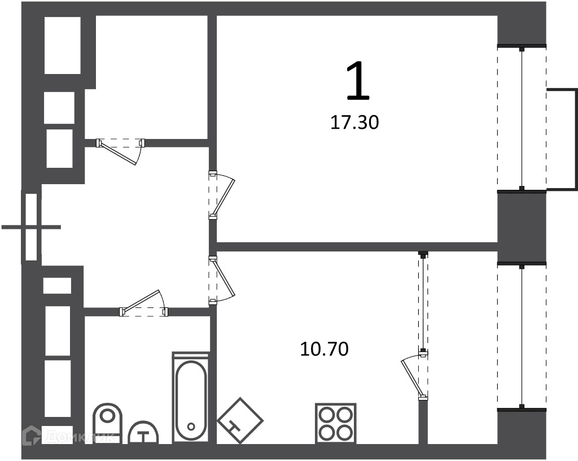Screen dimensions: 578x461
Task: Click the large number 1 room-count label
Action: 357,81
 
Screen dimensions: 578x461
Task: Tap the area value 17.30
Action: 354,123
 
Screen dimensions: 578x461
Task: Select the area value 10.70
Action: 325,349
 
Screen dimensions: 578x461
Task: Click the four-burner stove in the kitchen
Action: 336,423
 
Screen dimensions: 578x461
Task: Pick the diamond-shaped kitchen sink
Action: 240,420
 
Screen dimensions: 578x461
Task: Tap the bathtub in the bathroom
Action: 191,398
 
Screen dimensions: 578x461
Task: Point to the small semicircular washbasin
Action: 143,433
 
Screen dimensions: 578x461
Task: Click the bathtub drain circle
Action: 191,427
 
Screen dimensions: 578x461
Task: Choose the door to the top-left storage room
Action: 121,151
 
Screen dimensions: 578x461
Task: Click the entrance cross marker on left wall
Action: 32,227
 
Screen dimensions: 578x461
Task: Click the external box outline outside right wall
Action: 562,139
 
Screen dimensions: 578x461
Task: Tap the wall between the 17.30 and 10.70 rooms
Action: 357,247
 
